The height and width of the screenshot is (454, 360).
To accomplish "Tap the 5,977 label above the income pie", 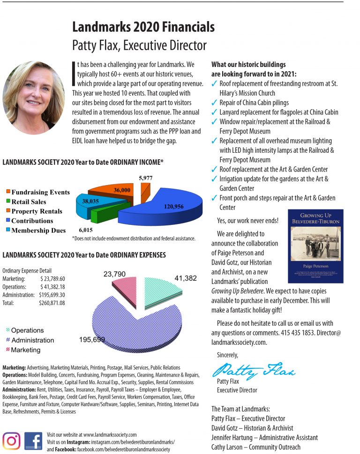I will pos(146,178).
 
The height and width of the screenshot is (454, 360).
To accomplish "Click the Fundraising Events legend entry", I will pos(40,192).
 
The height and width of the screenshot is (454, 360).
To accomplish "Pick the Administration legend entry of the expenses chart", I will pos(32,340).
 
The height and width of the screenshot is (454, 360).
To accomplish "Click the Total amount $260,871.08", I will pos(52,303).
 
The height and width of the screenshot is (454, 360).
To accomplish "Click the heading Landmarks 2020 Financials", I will pos(143,27).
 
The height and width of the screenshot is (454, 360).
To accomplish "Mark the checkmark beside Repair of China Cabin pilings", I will pos(215,103).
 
